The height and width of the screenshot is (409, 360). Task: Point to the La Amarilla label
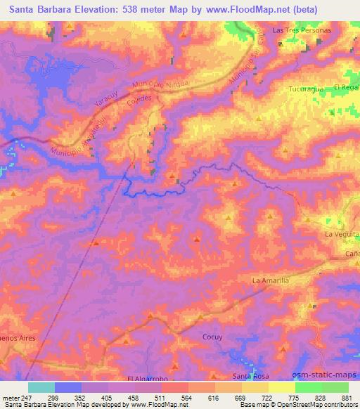click(270, 280)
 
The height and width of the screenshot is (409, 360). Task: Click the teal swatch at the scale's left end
click(41, 387)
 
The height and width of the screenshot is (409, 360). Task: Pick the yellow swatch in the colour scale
click(281, 387)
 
